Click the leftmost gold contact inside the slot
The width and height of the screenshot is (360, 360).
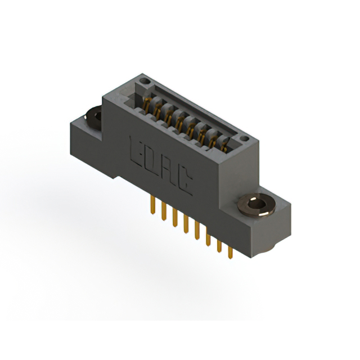point(147,105)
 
